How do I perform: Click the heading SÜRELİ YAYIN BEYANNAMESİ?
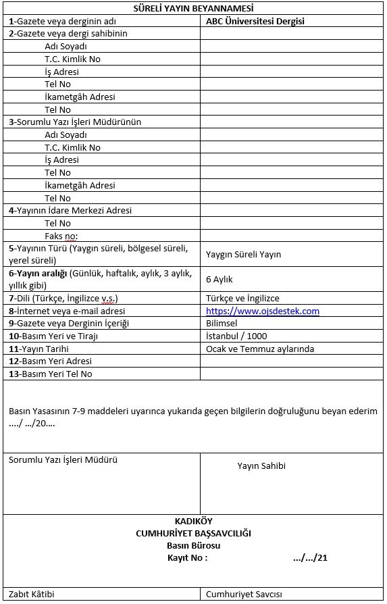tap(193, 8)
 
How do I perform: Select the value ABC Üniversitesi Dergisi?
tap(255, 21)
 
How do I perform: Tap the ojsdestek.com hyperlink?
tap(262, 311)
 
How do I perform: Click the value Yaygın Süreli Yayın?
tap(243, 255)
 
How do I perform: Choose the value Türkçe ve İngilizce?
tap(242, 299)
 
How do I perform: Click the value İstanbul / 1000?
tap(236, 336)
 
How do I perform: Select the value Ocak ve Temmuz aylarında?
tap(259, 349)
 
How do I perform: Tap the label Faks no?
tap(61, 236)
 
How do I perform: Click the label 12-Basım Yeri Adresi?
tap(50, 361)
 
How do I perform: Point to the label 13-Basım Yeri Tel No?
tap(51, 374)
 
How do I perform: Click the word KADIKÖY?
tap(193, 522)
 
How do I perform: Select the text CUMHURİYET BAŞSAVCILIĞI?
tap(193, 534)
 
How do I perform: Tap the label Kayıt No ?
tap(187, 558)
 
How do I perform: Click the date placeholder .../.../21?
tap(310, 558)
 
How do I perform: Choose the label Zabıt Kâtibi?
tap(32, 595)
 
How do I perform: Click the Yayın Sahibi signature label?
tap(261, 466)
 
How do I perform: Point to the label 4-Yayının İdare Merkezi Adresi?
tap(70, 211)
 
